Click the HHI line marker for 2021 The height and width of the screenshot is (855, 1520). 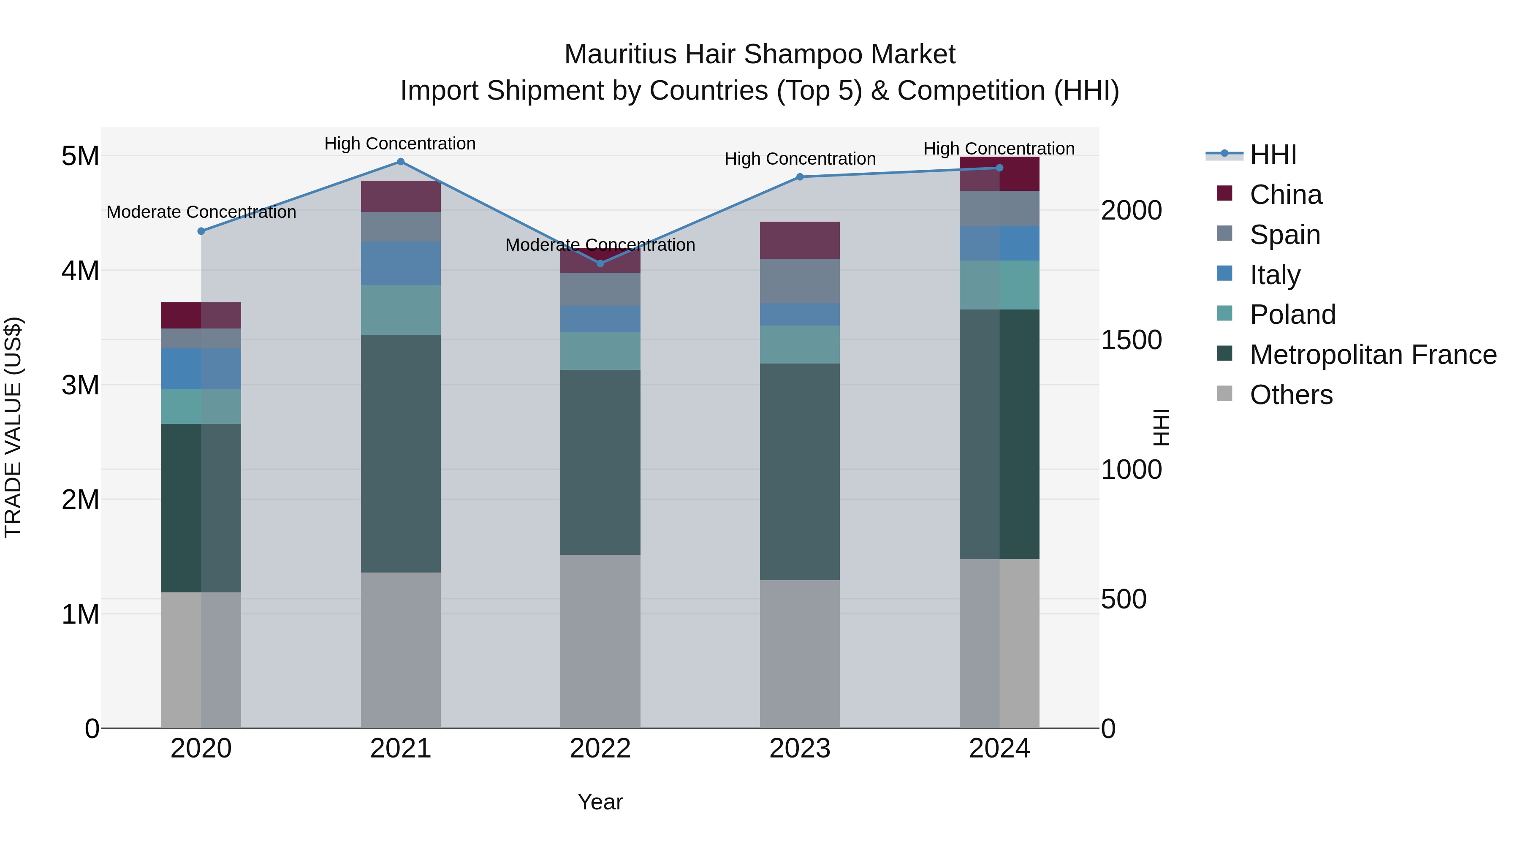point(401,162)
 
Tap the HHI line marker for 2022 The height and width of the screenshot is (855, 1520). point(601,263)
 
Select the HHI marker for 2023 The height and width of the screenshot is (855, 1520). point(800,177)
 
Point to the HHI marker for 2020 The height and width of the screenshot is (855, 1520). point(201,231)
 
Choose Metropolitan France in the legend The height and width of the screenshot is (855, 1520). point(1373,355)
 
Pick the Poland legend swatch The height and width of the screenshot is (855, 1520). point(1225,315)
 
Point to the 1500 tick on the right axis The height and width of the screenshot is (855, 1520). point(1131,340)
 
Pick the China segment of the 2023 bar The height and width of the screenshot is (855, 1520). point(800,240)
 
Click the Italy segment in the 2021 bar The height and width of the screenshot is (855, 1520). point(401,263)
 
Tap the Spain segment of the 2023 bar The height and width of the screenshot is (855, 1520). point(800,281)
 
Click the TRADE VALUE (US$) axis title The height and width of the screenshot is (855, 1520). point(13,427)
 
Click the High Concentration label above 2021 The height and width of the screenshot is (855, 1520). point(400,144)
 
